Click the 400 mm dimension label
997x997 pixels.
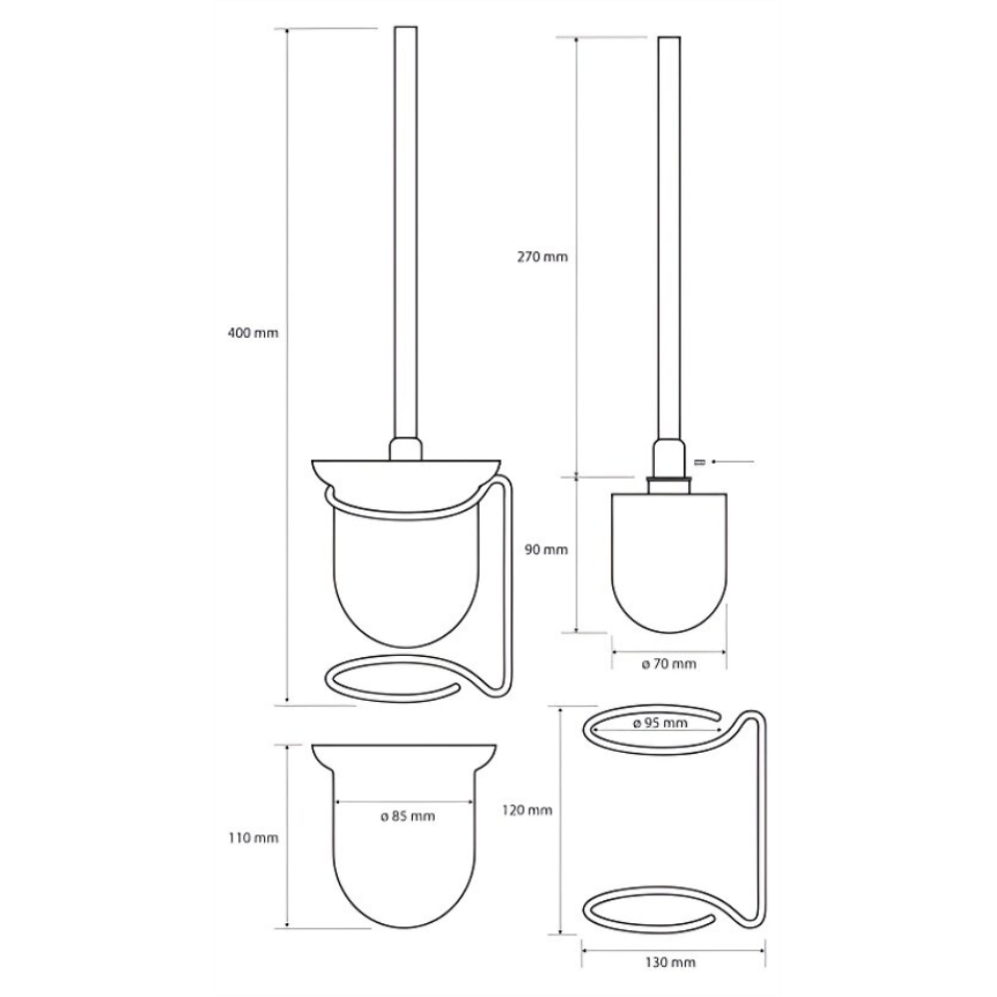pos(253,333)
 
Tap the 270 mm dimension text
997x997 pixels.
pos(541,257)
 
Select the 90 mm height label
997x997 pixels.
pos(546,549)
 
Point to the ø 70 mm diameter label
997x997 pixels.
pos(669,664)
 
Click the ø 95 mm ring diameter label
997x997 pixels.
pos(661,723)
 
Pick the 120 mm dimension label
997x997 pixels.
pos(527,810)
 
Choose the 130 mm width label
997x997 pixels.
pos(670,963)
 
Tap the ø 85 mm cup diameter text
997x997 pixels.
pos(408,817)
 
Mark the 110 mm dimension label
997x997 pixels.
pos(253,838)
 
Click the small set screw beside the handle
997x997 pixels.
pos(701,462)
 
